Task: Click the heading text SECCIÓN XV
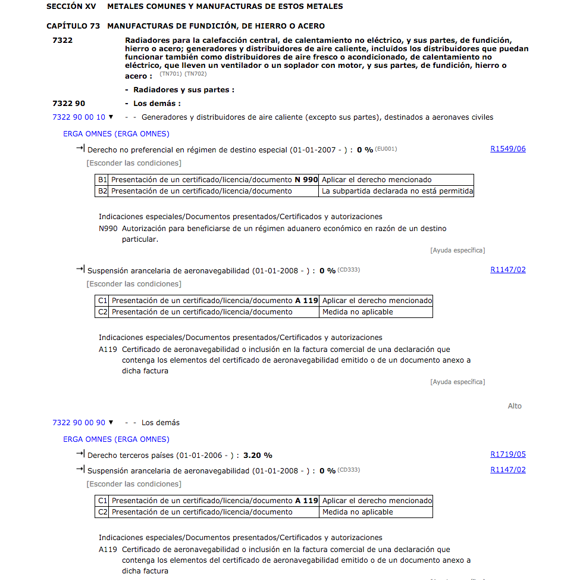[71, 7]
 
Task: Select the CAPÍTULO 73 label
[74, 26]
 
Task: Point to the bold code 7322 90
[68, 103]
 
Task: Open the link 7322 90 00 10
[79, 117]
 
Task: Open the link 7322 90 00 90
[79, 423]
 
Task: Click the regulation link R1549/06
[507, 149]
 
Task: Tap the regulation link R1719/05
[507, 454]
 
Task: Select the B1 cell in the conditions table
[102, 180]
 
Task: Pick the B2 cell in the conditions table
[102, 191]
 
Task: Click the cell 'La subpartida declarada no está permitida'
[397, 191]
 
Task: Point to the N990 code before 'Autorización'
[108, 229]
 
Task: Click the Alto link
[514, 406]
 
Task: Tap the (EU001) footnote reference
[385, 149]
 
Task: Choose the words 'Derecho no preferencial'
[133, 150]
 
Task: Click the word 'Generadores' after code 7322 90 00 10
[164, 117]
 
